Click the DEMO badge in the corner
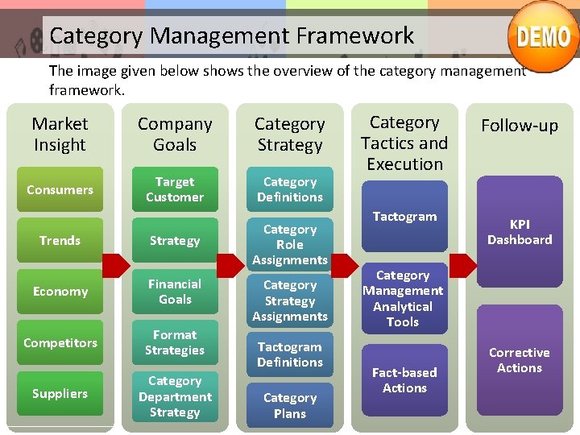tap(543, 37)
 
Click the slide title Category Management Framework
tap(232, 36)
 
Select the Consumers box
tap(60, 190)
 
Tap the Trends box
tap(60, 241)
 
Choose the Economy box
tap(60, 292)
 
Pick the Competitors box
tap(60, 343)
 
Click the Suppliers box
tap(60, 394)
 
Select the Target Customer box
tap(175, 190)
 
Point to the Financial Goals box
tap(175, 292)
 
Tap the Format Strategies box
tap(175, 343)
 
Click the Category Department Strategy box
tap(175, 396)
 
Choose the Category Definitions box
tap(290, 190)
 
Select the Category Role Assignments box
tap(290, 245)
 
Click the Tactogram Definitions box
tap(290, 355)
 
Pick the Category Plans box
tap(290, 406)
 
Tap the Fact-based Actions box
tap(404, 380)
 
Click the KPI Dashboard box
tap(520, 233)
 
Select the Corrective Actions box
tap(520, 360)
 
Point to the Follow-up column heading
tap(520, 126)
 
